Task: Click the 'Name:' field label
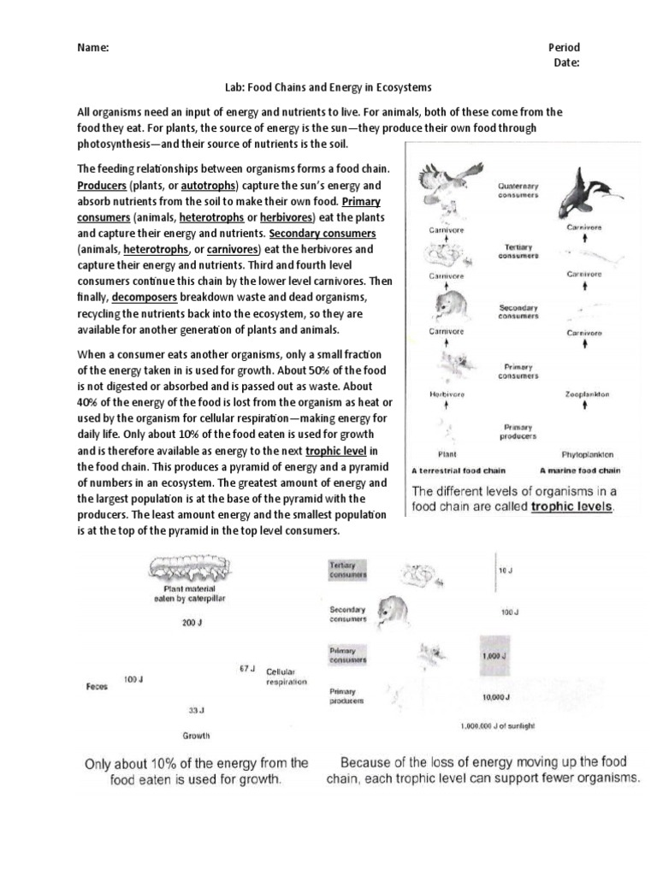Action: tap(93, 48)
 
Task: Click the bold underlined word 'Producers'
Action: tap(102, 186)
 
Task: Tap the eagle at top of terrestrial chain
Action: tap(444, 183)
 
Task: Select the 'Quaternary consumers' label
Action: tap(518, 189)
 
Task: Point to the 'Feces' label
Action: tap(97, 686)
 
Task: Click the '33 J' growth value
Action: tap(196, 710)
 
